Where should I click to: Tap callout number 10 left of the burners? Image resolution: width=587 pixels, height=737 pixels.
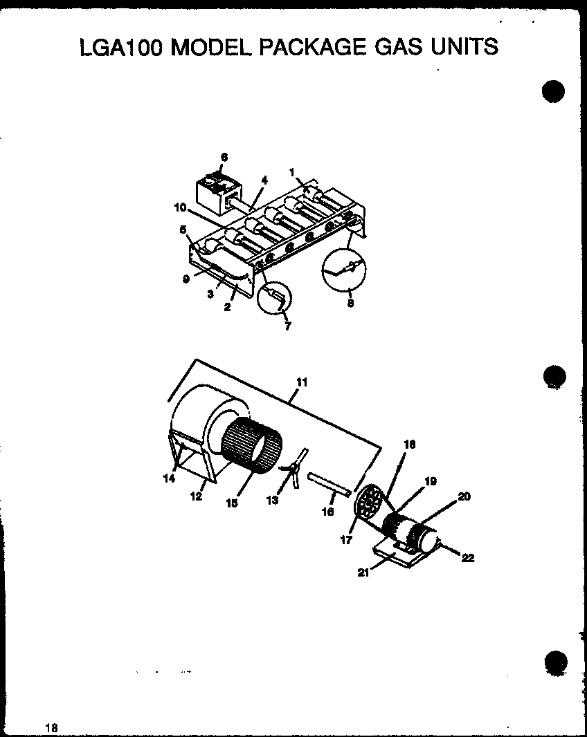[x=181, y=206]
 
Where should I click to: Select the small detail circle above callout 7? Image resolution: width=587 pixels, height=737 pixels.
[x=274, y=299]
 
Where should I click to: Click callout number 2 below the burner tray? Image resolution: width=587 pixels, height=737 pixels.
[x=227, y=306]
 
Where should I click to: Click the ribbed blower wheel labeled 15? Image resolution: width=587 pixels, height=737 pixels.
[x=252, y=447]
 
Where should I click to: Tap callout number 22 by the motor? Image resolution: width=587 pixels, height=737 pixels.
[x=468, y=559]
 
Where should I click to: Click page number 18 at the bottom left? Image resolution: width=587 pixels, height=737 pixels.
[x=51, y=727]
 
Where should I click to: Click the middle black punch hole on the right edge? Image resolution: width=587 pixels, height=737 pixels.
[x=554, y=376]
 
